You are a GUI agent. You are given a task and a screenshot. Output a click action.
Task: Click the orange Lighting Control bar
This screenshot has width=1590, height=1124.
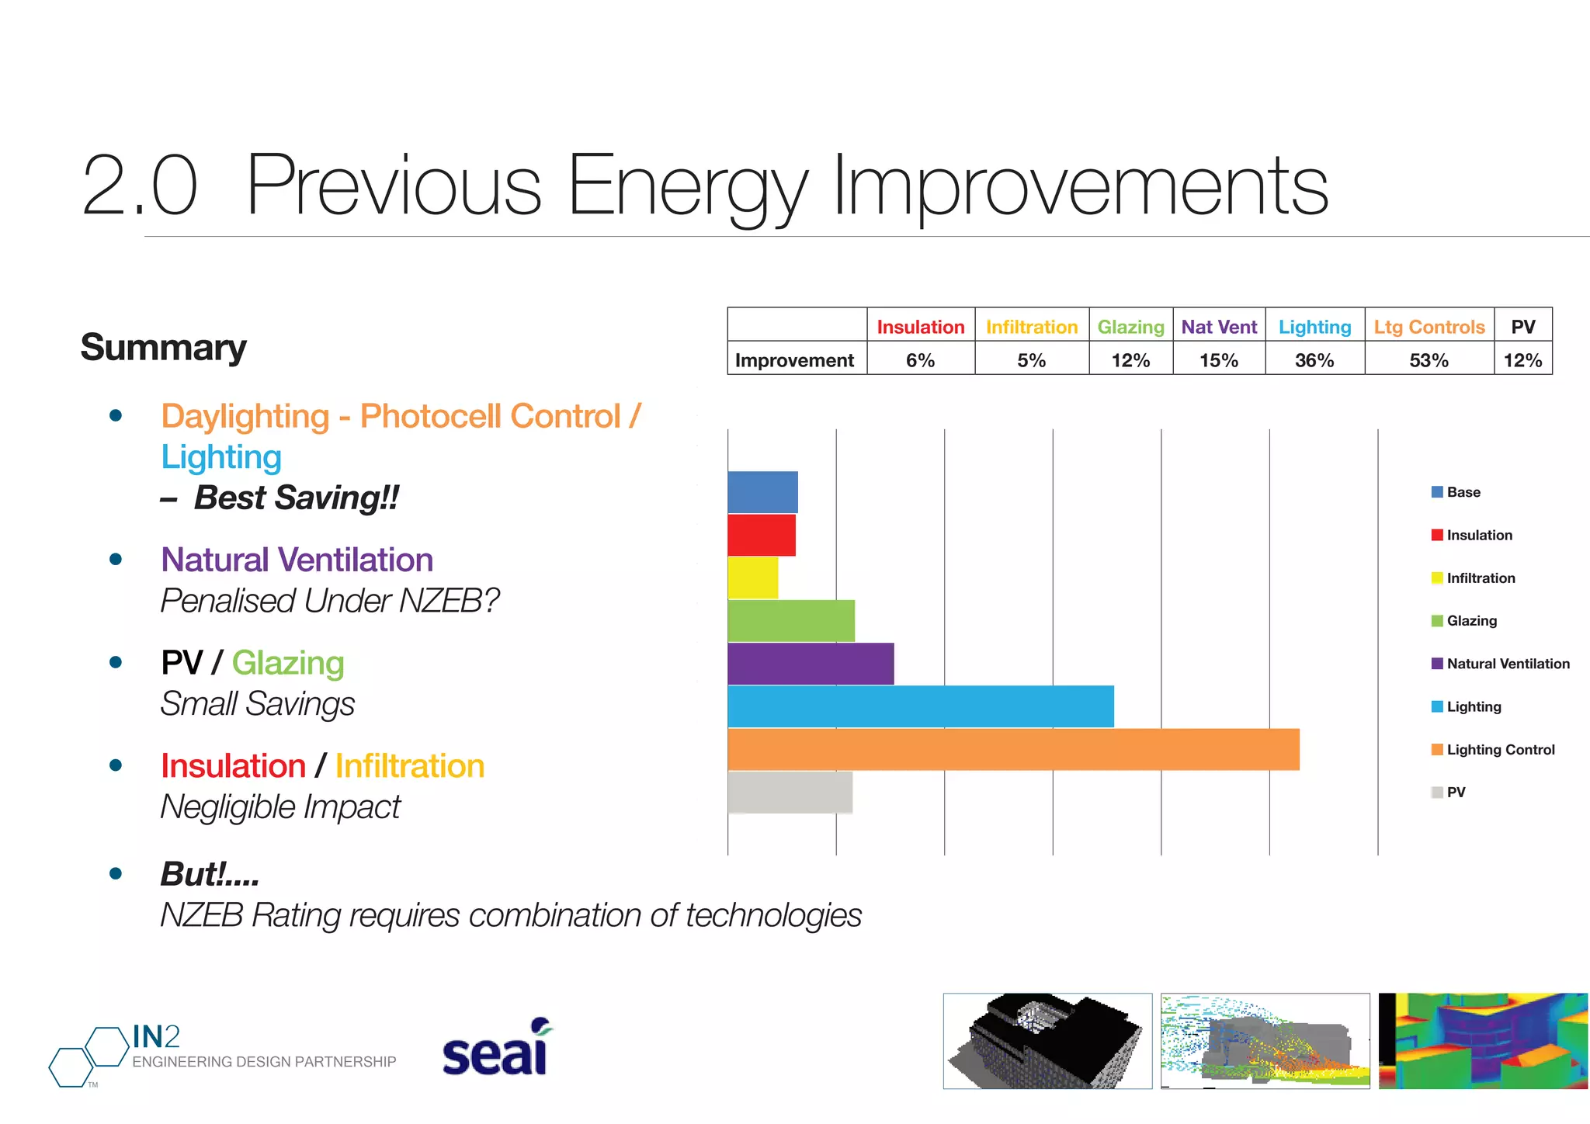[x=1013, y=749]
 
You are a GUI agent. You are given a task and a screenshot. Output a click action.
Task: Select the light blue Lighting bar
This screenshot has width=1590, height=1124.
[x=920, y=706]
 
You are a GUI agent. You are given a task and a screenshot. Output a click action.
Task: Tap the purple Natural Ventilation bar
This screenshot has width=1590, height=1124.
[x=811, y=664]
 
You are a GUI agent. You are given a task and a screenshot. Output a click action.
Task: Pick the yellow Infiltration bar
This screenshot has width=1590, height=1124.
[x=753, y=578]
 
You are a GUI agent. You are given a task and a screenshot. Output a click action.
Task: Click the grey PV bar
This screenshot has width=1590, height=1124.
[x=790, y=793]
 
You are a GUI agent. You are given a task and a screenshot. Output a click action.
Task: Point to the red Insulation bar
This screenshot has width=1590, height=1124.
[x=762, y=535]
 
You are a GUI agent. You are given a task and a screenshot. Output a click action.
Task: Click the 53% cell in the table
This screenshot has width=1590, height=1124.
[x=1429, y=360]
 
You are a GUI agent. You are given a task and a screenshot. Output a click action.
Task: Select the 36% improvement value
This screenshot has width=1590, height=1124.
[x=1314, y=360]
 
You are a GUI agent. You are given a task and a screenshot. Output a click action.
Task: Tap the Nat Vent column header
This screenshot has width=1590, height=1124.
[x=1219, y=327]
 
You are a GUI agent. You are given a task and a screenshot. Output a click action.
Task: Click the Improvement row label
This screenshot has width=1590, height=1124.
[x=794, y=360]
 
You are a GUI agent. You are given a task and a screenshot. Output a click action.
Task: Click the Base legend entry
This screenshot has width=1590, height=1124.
[x=1456, y=492]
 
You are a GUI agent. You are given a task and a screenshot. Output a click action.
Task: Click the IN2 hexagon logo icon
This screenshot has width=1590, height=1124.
[x=88, y=1056]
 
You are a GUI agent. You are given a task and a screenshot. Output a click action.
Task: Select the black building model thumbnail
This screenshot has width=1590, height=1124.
[x=1047, y=1041]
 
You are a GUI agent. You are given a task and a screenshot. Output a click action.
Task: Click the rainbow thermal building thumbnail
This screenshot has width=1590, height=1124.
[x=1483, y=1041]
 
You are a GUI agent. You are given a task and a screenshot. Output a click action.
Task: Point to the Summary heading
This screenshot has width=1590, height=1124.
[x=163, y=347]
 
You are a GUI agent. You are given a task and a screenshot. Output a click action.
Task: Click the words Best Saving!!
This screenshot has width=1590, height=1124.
[x=296, y=498]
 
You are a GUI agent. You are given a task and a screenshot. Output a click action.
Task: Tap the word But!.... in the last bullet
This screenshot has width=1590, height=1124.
[x=210, y=874]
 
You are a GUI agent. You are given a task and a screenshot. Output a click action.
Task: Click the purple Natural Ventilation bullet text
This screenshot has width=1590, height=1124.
[x=297, y=560]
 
